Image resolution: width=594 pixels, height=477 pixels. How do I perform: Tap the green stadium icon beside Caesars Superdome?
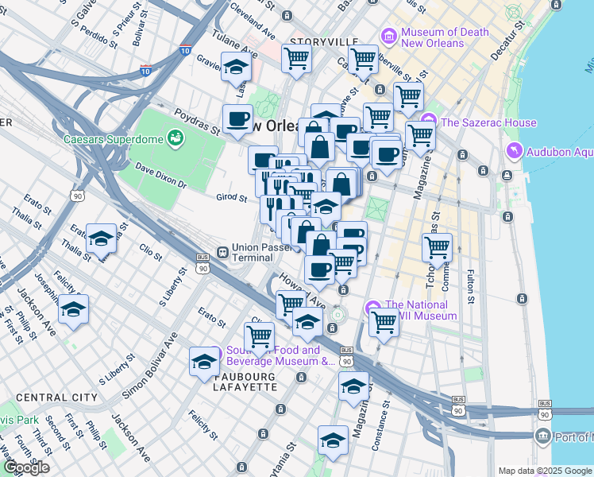175,140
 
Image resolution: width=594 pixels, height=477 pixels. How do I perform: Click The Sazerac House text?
488,122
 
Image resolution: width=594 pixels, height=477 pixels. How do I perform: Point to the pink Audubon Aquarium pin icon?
515,149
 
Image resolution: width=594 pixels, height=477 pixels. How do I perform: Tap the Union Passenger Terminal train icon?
223,252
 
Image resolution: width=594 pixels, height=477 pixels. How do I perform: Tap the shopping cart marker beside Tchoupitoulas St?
437,248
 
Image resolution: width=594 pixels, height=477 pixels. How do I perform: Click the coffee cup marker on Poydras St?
237,119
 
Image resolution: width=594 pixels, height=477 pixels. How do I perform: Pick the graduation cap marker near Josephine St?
73,310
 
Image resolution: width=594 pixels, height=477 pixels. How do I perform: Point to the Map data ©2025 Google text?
544,471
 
